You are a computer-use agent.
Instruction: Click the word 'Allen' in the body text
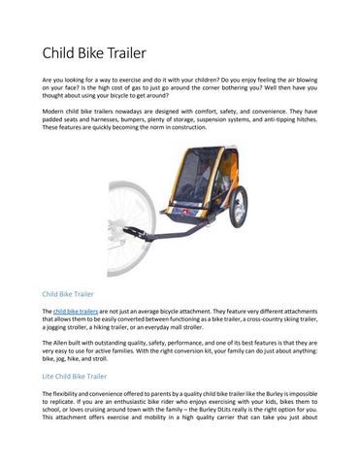64,343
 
